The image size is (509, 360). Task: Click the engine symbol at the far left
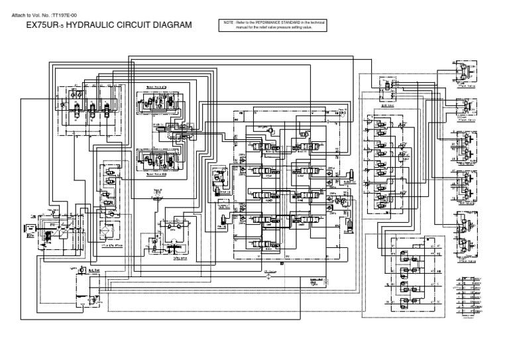(30, 233)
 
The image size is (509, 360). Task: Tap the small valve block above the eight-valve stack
(383, 86)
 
